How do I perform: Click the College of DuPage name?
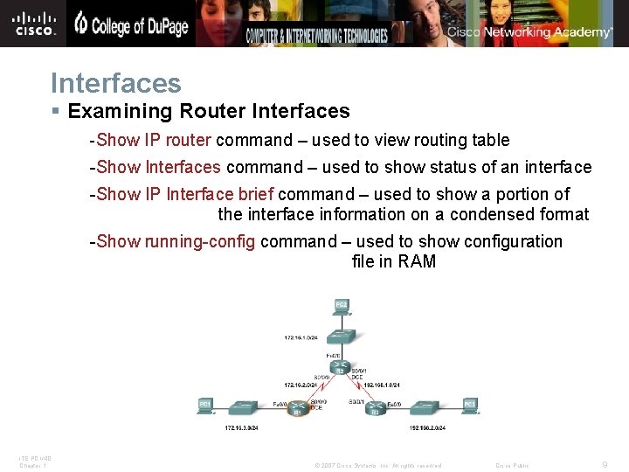point(131,25)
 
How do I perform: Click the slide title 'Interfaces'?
point(116,83)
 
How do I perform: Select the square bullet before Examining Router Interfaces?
point(56,112)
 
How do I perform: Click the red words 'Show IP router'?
point(154,140)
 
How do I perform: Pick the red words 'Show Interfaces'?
point(159,167)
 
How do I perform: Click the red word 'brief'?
point(256,194)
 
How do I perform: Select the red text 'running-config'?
point(200,241)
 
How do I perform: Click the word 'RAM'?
point(417,261)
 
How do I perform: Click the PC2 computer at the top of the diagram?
point(341,306)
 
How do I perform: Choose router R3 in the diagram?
point(375,407)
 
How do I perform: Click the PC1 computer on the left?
point(205,406)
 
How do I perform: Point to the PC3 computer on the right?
point(469,406)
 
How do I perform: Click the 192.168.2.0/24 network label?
point(427,427)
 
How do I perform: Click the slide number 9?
point(605,465)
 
